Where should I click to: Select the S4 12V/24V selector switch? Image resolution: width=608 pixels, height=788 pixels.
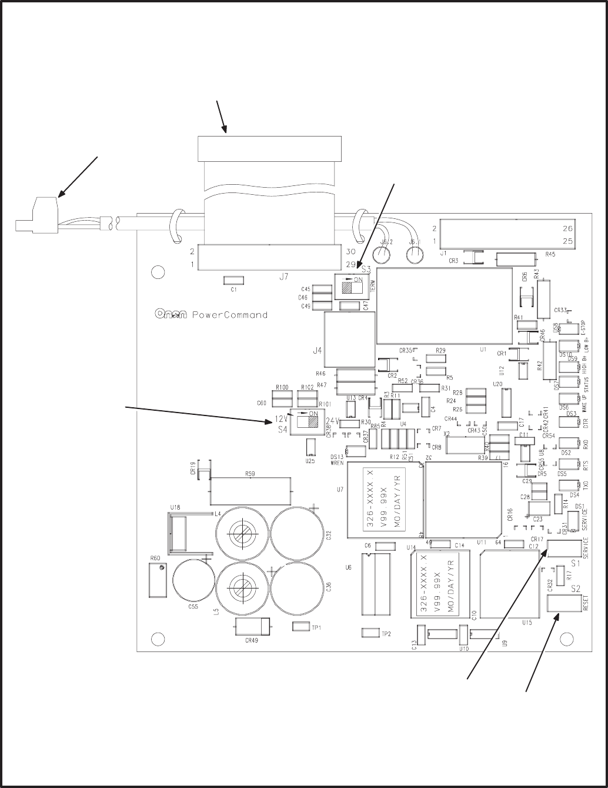click(307, 421)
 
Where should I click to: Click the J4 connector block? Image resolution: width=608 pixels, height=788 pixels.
click(350, 340)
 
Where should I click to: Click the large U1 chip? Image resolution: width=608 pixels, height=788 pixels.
click(445, 306)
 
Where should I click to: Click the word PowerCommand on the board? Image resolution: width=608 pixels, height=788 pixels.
click(230, 315)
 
